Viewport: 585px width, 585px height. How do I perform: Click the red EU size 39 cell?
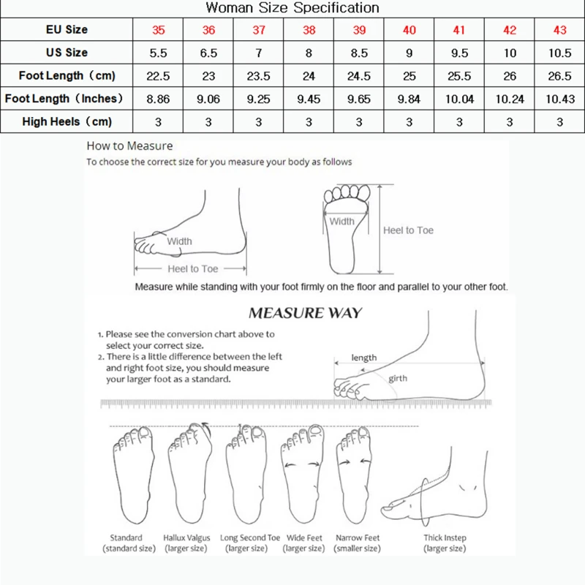click(358, 30)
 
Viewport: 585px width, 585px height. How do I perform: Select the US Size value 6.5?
click(208, 53)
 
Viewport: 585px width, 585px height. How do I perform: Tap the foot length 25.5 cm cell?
click(459, 75)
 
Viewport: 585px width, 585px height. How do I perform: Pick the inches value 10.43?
click(560, 99)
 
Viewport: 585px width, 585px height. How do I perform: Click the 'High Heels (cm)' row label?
click(67, 121)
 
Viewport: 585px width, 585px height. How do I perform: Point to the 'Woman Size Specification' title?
click(292, 8)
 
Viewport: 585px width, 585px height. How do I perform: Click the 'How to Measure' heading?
click(129, 146)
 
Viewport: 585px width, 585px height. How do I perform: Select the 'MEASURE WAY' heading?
click(306, 313)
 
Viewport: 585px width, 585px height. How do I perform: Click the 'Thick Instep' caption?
click(444, 538)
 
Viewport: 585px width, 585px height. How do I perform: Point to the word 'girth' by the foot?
click(398, 378)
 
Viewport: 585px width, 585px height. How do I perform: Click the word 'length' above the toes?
click(363, 358)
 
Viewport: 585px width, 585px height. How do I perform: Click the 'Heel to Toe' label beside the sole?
click(408, 230)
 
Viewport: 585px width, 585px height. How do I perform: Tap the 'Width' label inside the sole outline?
click(341, 222)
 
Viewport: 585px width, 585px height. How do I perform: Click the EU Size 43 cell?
click(560, 30)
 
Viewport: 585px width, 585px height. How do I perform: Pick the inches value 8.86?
click(159, 99)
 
